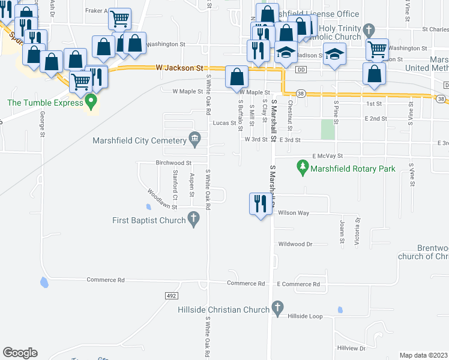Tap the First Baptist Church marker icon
(194, 221)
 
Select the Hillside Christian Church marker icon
(277, 310)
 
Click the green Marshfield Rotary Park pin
(303, 168)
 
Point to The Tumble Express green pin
(91, 102)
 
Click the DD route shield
(301, 70)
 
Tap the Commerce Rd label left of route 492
(105, 280)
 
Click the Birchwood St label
(173, 163)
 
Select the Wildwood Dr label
(296, 244)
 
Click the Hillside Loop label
(305, 316)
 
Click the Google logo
(20, 353)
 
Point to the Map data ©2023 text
(423, 355)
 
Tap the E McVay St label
(327, 155)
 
